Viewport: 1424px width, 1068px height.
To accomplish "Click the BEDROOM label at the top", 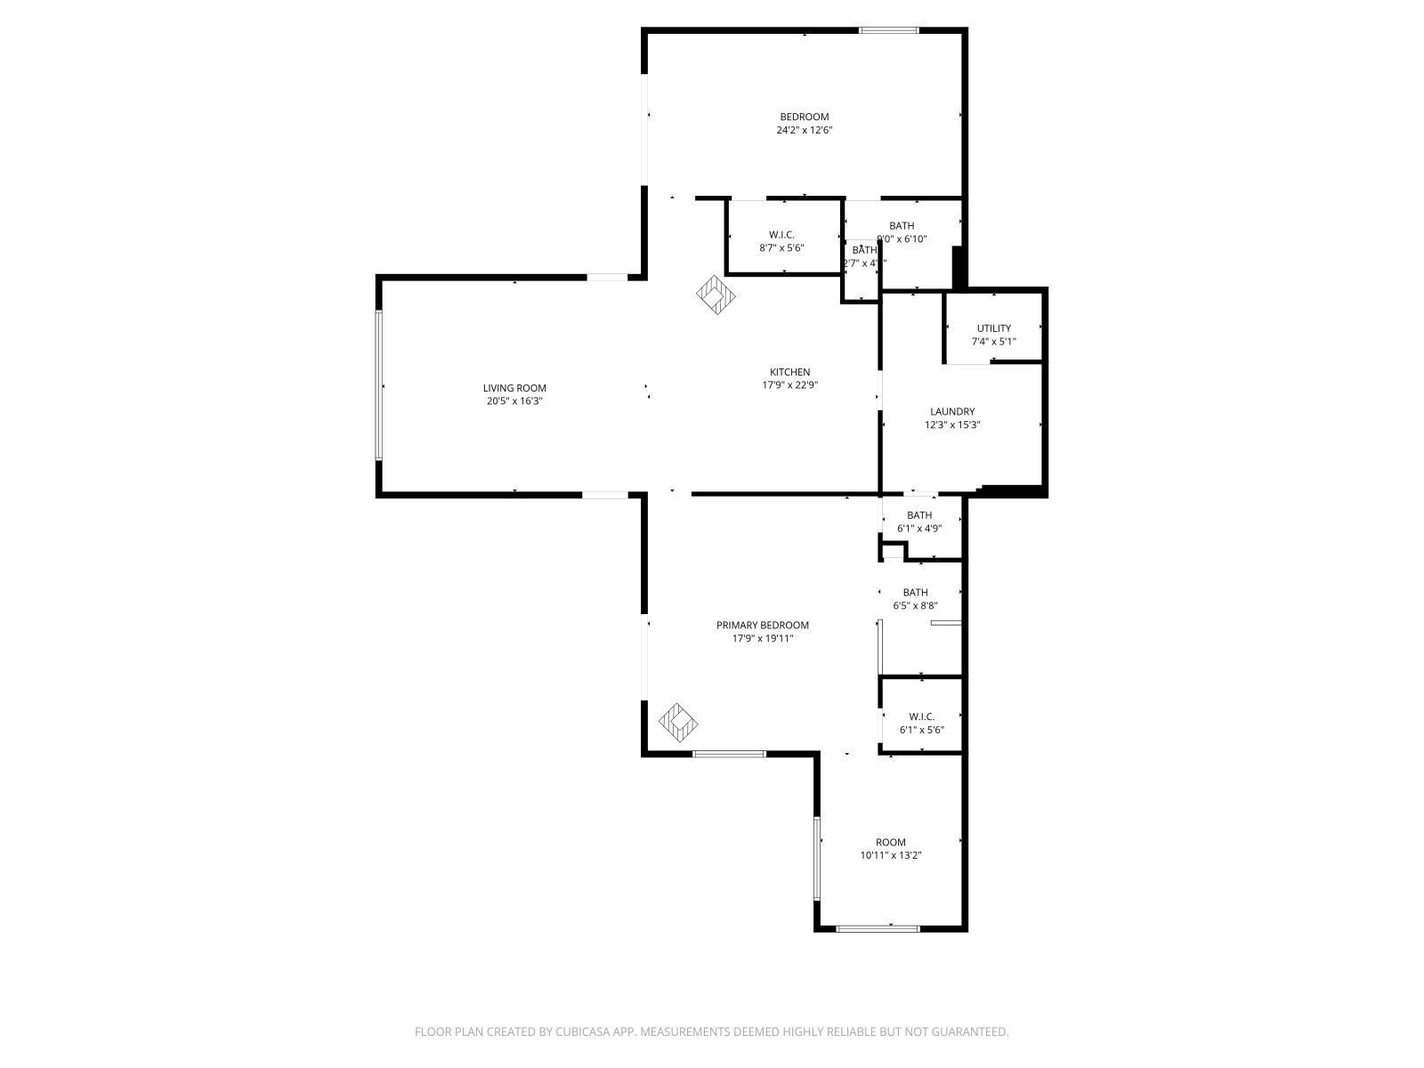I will [x=804, y=117].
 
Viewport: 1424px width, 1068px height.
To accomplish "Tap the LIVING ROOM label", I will [x=514, y=388].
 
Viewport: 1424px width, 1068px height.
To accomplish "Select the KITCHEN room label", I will [x=789, y=372].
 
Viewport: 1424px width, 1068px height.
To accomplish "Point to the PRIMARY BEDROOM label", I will [x=762, y=625].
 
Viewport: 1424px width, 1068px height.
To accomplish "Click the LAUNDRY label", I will [x=952, y=411].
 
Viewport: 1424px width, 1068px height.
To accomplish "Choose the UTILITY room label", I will [x=993, y=328].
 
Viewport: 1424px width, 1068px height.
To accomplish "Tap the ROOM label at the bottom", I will [x=890, y=842].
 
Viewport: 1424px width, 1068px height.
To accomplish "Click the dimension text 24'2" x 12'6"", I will [x=804, y=130].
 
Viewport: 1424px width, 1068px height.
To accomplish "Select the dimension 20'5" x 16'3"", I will [x=514, y=401].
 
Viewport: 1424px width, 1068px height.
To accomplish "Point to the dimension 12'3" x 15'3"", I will [x=952, y=425].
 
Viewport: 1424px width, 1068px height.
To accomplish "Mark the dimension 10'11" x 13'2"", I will [x=890, y=855].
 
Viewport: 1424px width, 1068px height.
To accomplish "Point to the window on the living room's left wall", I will [x=379, y=385].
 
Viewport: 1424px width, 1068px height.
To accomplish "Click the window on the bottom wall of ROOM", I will [x=878, y=928].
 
